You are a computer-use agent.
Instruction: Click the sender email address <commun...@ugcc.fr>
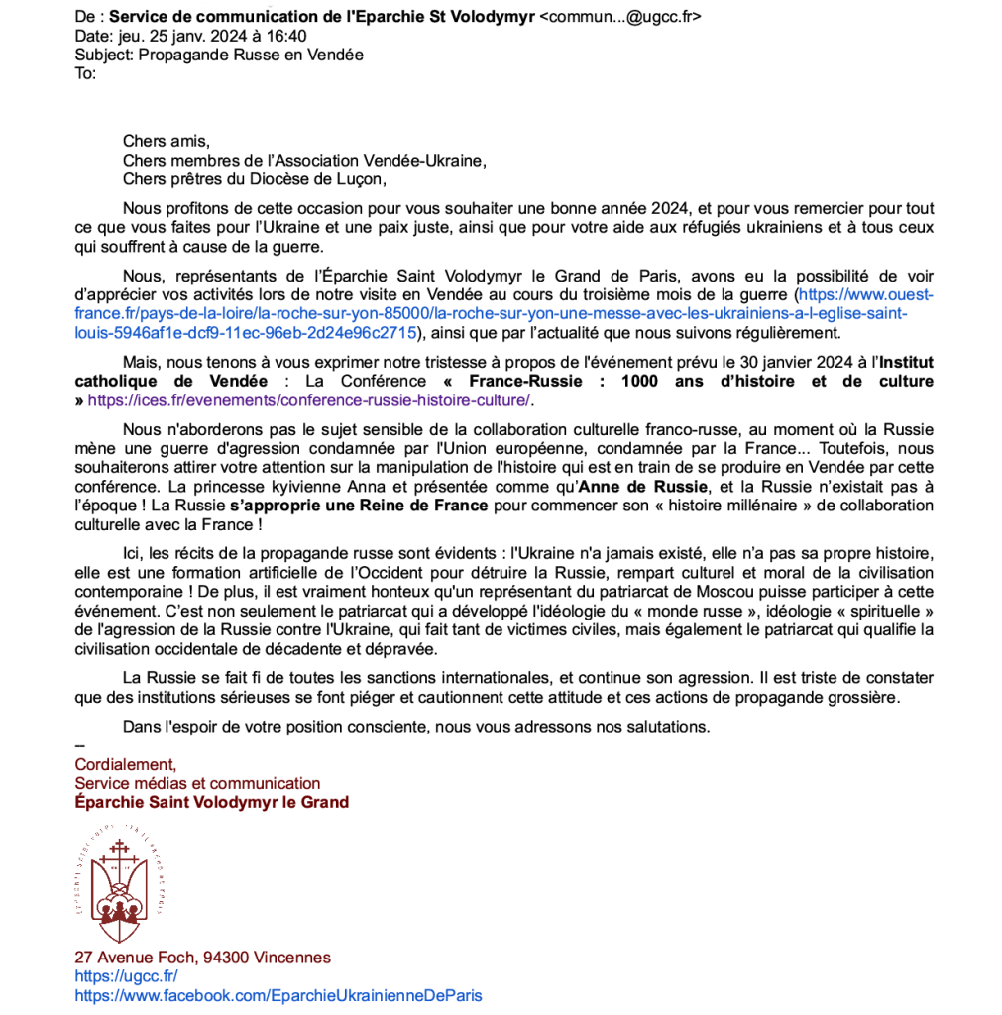click(x=619, y=17)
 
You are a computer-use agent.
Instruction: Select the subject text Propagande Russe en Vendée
click(x=251, y=55)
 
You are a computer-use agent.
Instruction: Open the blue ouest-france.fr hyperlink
click(x=496, y=314)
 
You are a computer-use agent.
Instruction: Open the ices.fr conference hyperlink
click(x=309, y=400)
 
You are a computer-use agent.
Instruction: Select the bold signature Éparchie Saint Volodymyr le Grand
click(x=211, y=802)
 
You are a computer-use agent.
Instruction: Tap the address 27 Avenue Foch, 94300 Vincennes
click(x=202, y=958)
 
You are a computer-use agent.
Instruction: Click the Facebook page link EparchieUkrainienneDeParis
click(x=278, y=995)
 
